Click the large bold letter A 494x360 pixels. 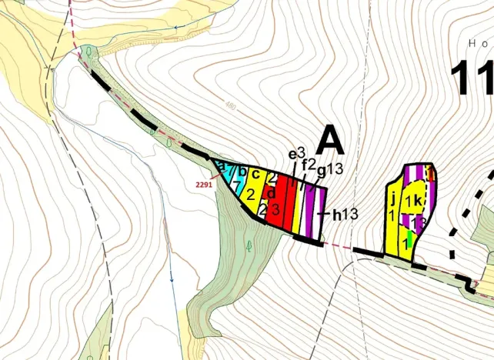click(329, 140)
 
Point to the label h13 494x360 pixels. click(345, 215)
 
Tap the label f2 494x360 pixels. click(308, 165)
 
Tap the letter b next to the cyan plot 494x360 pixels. click(242, 170)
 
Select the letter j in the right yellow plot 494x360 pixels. click(392, 202)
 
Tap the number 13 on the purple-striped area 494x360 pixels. click(419, 222)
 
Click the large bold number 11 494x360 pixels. click(471, 77)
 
